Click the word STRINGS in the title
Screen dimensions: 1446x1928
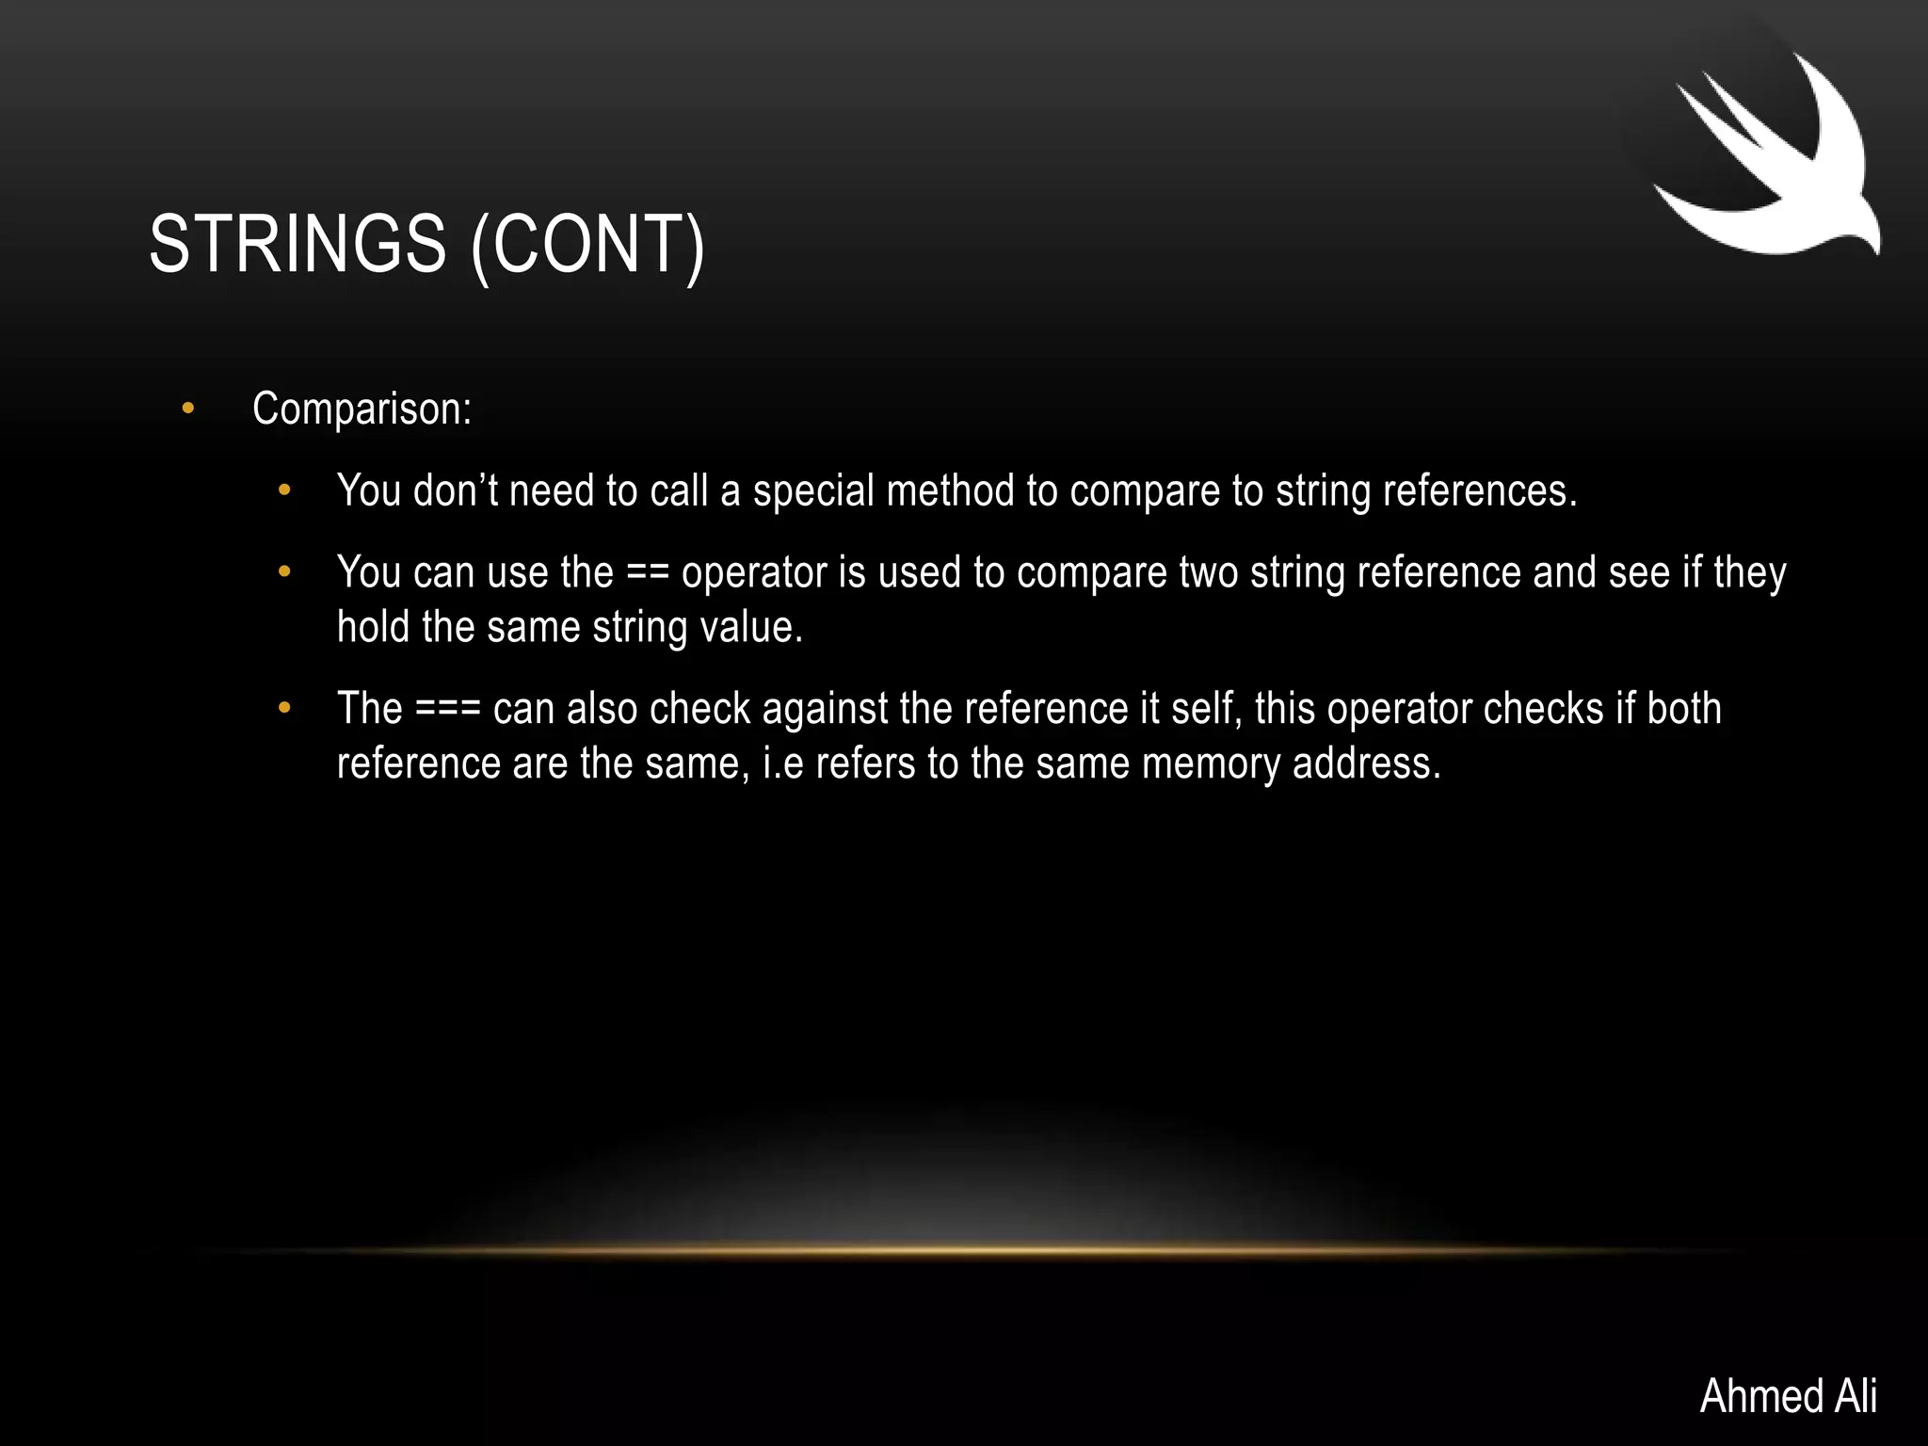pyautogui.click(x=297, y=244)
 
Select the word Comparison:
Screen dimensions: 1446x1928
pyautogui.click(x=361, y=409)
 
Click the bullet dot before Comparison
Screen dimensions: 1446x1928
pyautogui.click(x=188, y=409)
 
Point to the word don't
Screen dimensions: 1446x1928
pyautogui.click(x=455, y=490)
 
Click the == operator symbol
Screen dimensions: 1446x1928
pyautogui.click(x=647, y=572)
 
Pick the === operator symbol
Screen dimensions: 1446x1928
pyautogui.click(x=448, y=709)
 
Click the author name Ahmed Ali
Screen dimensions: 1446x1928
pyautogui.click(x=1788, y=1395)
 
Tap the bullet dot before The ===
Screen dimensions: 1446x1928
pyautogui.click(x=285, y=709)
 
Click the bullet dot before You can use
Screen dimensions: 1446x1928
pyautogui.click(x=285, y=572)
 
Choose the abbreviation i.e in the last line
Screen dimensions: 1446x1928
pyautogui.click(x=783, y=763)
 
